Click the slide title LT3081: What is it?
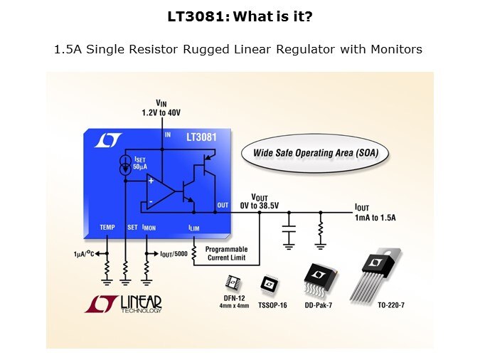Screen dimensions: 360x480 pos(240,15)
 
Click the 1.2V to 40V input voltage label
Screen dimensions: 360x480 pos(161,113)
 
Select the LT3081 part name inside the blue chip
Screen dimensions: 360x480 pos(201,136)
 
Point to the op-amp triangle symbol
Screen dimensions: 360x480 pos(161,191)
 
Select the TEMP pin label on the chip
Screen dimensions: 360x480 pos(107,227)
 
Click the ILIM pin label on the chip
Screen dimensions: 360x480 pos(194,227)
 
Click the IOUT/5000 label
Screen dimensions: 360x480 pos(173,254)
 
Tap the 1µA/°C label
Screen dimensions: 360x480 pos(87,254)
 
